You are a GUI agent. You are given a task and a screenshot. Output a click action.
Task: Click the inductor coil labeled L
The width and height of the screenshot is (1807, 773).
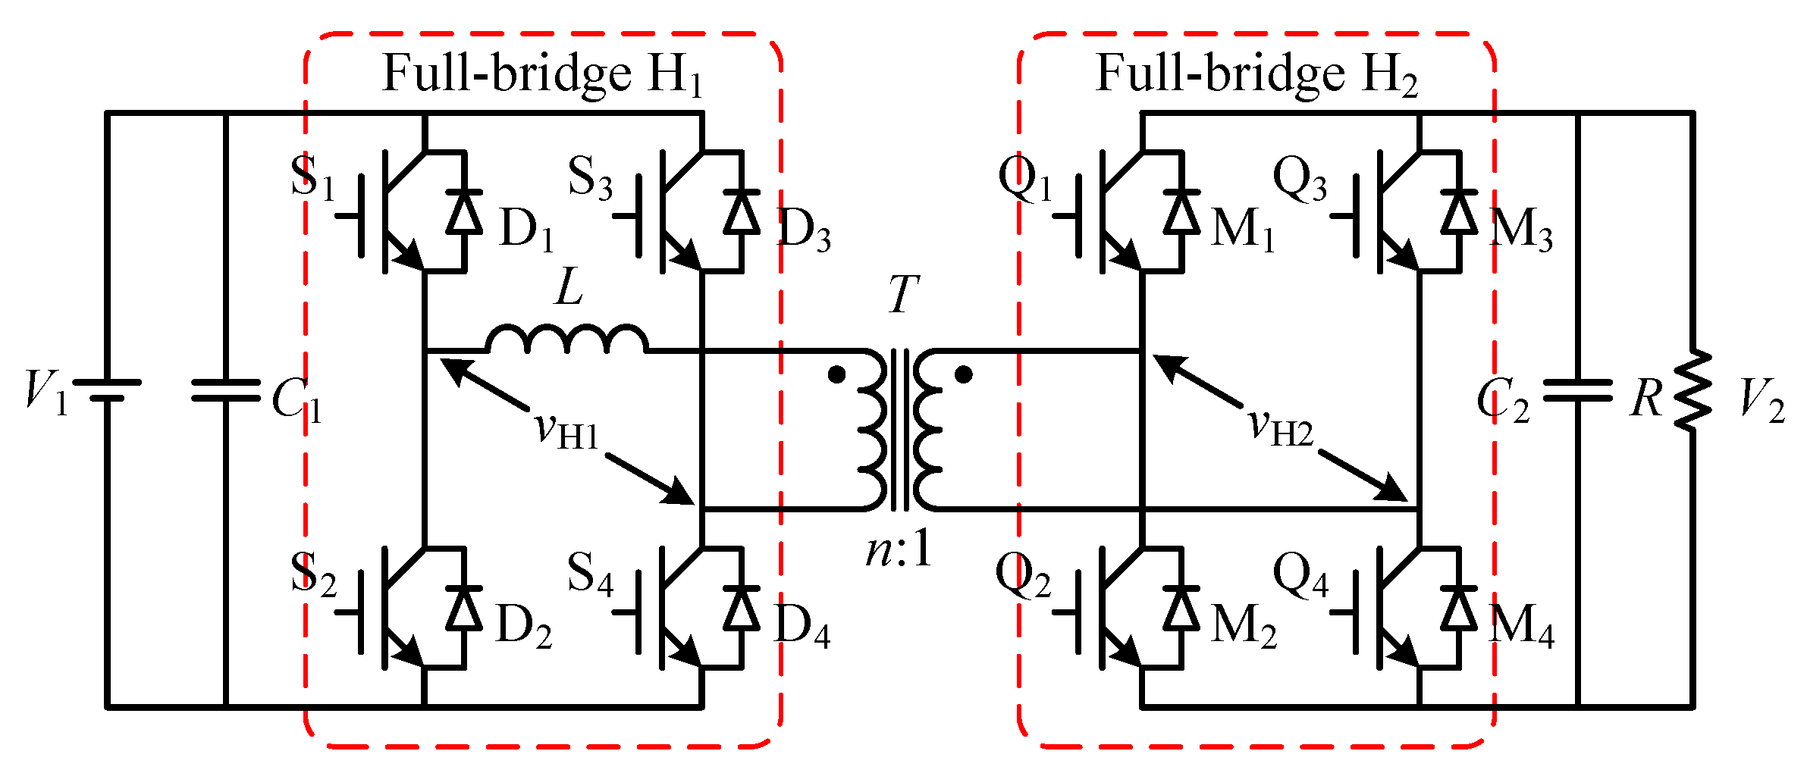coord(567,340)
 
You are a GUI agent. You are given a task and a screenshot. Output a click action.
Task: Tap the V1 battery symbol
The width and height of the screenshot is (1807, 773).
coord(107,390)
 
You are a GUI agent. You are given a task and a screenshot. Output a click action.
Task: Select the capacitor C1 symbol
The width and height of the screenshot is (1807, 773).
coord(226,390)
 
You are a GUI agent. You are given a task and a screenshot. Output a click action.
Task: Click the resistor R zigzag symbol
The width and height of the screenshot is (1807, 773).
coord(1692,391)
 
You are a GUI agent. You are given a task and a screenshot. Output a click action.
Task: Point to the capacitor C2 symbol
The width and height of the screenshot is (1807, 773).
coord(1577,390)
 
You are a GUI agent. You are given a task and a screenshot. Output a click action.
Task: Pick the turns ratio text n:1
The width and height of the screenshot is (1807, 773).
coord(899,550)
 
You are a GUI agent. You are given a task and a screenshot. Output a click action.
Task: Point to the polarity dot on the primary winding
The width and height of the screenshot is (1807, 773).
coord(836,374)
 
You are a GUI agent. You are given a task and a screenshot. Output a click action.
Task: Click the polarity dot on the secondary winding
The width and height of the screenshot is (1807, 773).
coord(964,374)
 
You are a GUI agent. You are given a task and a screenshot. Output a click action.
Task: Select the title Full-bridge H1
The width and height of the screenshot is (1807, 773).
coord(542,75)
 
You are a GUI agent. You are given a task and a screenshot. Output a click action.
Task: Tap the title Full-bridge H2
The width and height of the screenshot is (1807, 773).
coord(1256,75)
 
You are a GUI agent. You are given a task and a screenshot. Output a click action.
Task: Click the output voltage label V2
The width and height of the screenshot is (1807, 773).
coord(1762,399)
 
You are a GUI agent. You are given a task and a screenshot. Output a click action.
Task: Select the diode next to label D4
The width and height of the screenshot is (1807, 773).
coord(742,609)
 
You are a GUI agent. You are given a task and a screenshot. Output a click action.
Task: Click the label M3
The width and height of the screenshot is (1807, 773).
coord(1521,230)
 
